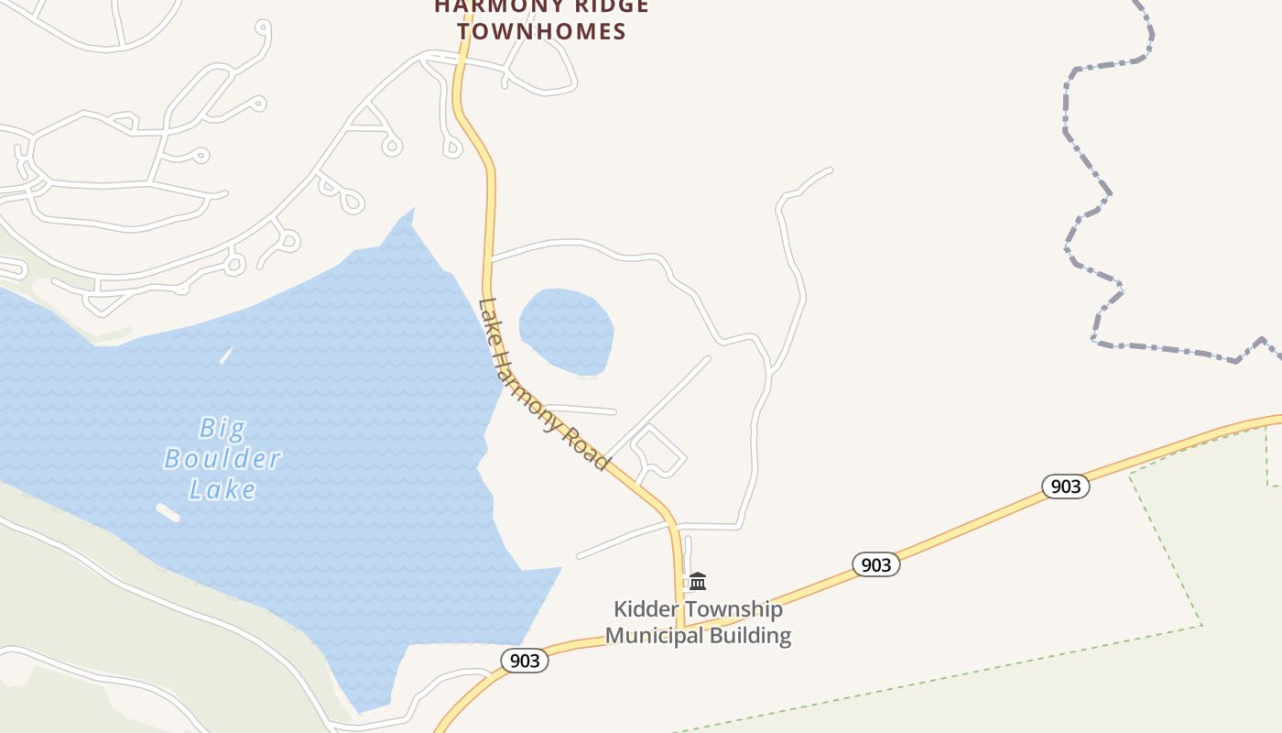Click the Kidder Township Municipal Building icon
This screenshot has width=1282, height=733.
coord(698,581)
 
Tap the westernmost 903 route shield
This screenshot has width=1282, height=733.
coord(525,660)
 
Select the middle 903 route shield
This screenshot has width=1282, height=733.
coord(876,564)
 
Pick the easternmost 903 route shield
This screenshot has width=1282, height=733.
coord(1066,486)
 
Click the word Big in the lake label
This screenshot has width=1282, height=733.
coord(223,428)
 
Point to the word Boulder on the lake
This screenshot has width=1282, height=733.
coord(223,458)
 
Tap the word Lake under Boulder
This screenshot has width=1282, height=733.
coord(223,489)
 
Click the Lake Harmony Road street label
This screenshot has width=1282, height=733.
coord(542,385)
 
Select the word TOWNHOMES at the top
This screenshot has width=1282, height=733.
coord(542,31)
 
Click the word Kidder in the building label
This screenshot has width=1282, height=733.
coord(646,609)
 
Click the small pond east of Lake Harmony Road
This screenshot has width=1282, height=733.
coord(566,331)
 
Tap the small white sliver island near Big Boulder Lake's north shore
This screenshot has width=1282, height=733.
coord(226,355)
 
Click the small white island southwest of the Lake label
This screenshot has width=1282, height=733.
coord(168,512)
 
